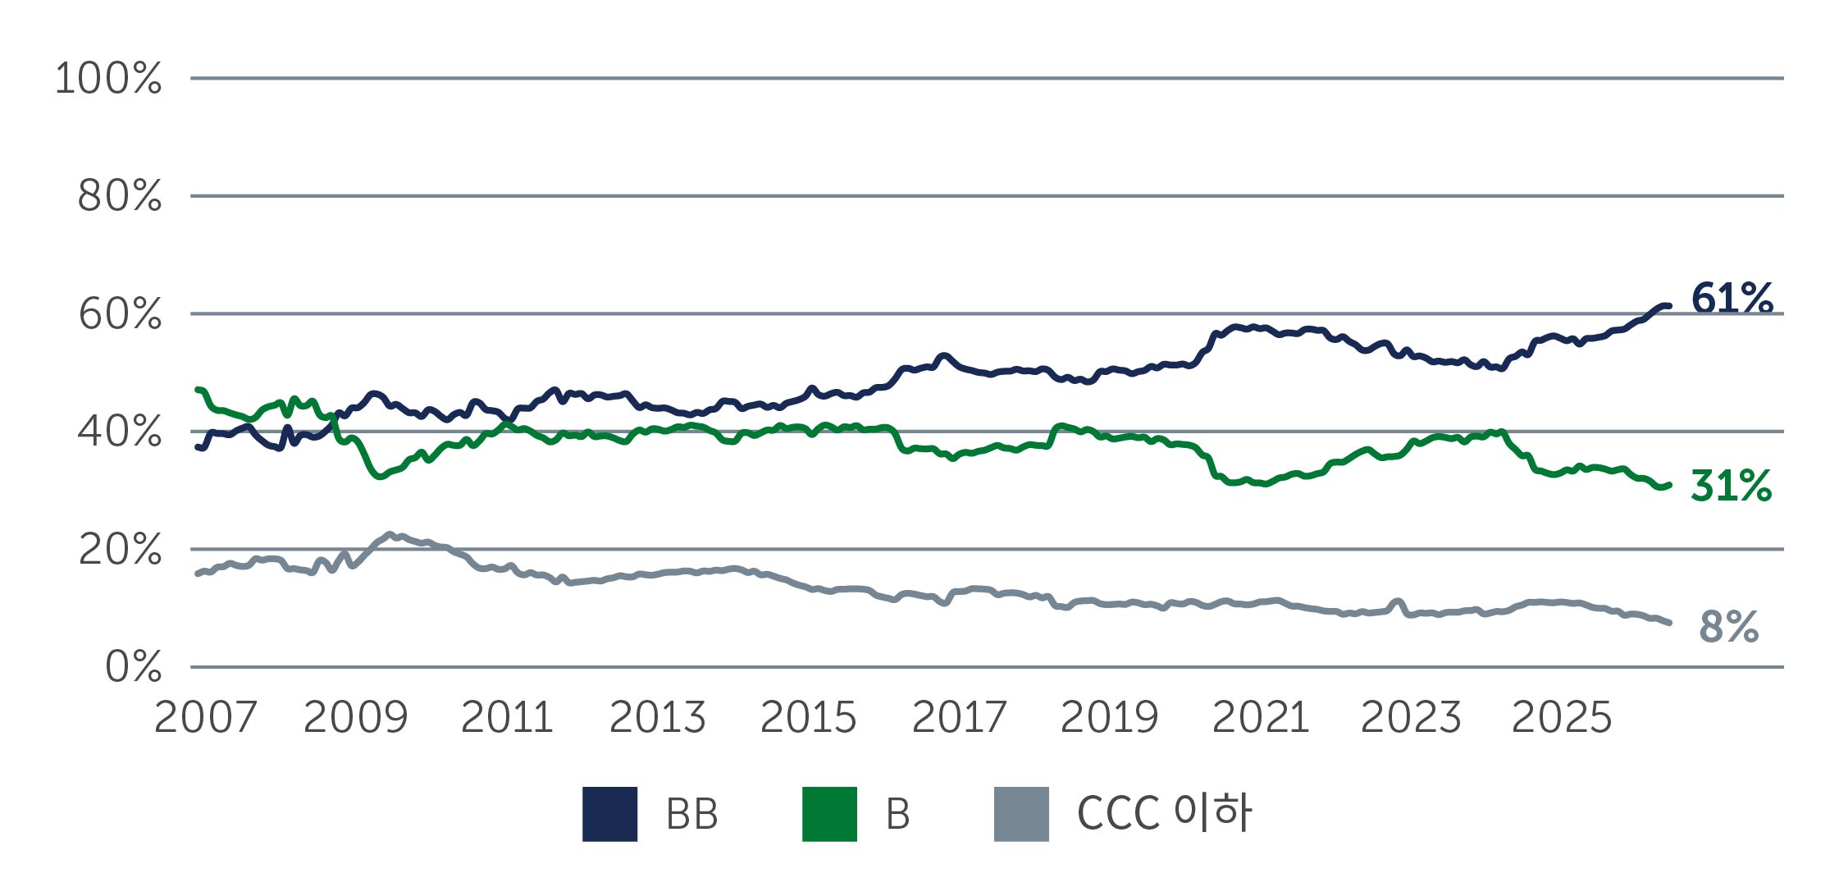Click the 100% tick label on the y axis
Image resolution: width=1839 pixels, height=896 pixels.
[x=108, y=79]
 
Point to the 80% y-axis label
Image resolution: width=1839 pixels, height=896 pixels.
[x=120, y=196]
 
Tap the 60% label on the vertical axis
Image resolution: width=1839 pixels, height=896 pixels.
[x=120, y=314]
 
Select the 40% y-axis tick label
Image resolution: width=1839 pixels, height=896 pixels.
[x=120, y=432]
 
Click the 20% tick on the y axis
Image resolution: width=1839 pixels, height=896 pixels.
[x=120, y=550]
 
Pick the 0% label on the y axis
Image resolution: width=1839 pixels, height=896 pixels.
[x=133, y=667]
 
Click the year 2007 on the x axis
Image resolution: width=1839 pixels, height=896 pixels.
[x=205, y=717]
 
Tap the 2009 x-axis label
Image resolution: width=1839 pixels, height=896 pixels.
[x=355, y=717]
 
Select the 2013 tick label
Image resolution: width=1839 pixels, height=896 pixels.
[x=657, y=717]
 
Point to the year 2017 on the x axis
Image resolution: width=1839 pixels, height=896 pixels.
[x=959, y=717]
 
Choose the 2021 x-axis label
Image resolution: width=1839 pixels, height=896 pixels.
[x=1260, y=717]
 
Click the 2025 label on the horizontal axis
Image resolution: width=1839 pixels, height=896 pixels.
[x=1561, y=717]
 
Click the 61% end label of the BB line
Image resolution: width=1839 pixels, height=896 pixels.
[x=1732, y=298]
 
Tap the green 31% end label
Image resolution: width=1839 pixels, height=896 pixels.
[x=1731, y=486]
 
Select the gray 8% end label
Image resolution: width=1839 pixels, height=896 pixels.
[x=1728, y=627]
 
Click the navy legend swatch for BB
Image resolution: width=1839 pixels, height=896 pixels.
[x=609, y=814]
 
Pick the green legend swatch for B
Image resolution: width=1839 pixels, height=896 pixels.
[x=829, y=814]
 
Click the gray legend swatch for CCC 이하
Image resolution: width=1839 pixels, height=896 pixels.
[x=1021, y=814]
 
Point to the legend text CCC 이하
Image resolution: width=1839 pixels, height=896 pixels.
[x=1163, y=813]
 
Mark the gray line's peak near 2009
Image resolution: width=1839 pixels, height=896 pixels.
[x=390, y=534]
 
